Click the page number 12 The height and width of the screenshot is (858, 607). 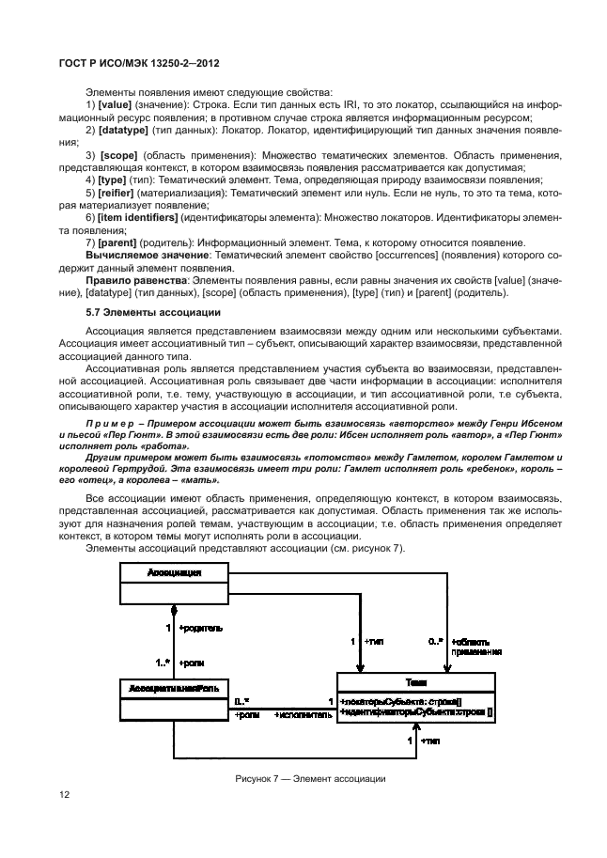(x=65, y=794)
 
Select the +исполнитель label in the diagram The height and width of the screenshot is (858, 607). (x=302, y=715)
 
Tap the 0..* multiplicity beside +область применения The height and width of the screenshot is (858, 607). (x=435, y=641)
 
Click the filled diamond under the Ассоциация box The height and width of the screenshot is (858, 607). (x=173, y=608)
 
